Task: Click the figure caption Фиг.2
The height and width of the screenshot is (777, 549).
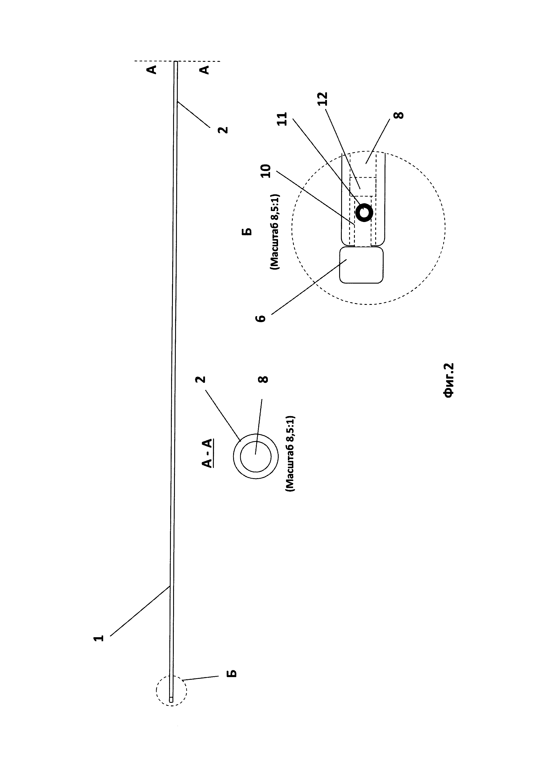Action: (449, 380)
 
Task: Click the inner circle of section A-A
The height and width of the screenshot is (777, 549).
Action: (255, 457)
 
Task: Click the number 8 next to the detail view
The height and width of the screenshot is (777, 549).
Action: (399, 115)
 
